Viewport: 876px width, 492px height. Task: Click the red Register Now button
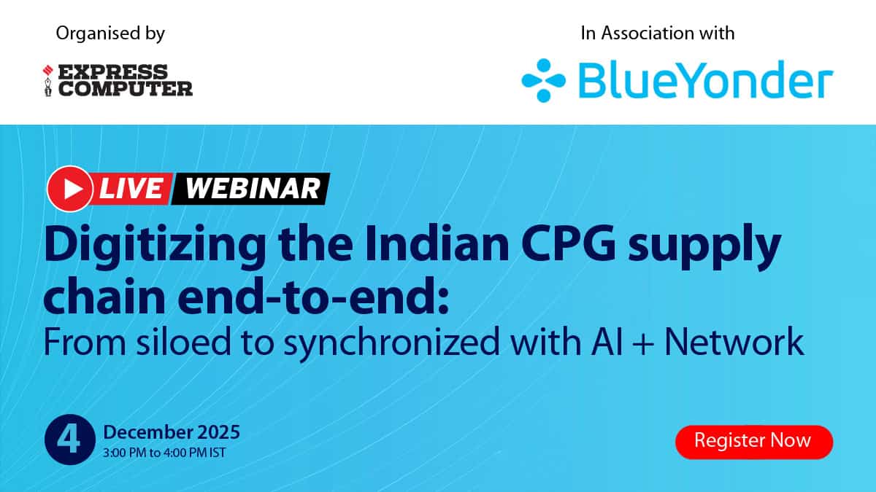coord(754,442)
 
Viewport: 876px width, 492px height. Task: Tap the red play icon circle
coord(70,189)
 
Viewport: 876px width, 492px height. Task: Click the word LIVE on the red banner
coord(131,189)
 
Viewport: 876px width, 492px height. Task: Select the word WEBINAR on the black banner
coord(253,189)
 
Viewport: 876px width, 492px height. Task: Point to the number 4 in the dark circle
coord(69,440)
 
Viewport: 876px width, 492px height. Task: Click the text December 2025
coord(172,432)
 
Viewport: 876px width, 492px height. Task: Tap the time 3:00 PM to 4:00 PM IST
coord(164,453)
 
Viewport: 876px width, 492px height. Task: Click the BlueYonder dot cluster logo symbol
coord(544,80)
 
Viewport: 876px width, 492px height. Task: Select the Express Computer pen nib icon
coord(47,80)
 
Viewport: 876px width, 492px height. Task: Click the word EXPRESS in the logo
coord(113,72)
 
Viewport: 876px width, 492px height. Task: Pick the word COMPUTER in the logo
coord(126,89)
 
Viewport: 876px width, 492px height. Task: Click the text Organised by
coord(110,34)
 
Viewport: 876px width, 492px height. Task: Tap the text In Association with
coord(658,34)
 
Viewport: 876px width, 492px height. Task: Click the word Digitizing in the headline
coord(155,246)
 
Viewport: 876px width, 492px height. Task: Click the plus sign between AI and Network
coord(643,343)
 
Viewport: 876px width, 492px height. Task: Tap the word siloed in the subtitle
coord(184,341)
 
